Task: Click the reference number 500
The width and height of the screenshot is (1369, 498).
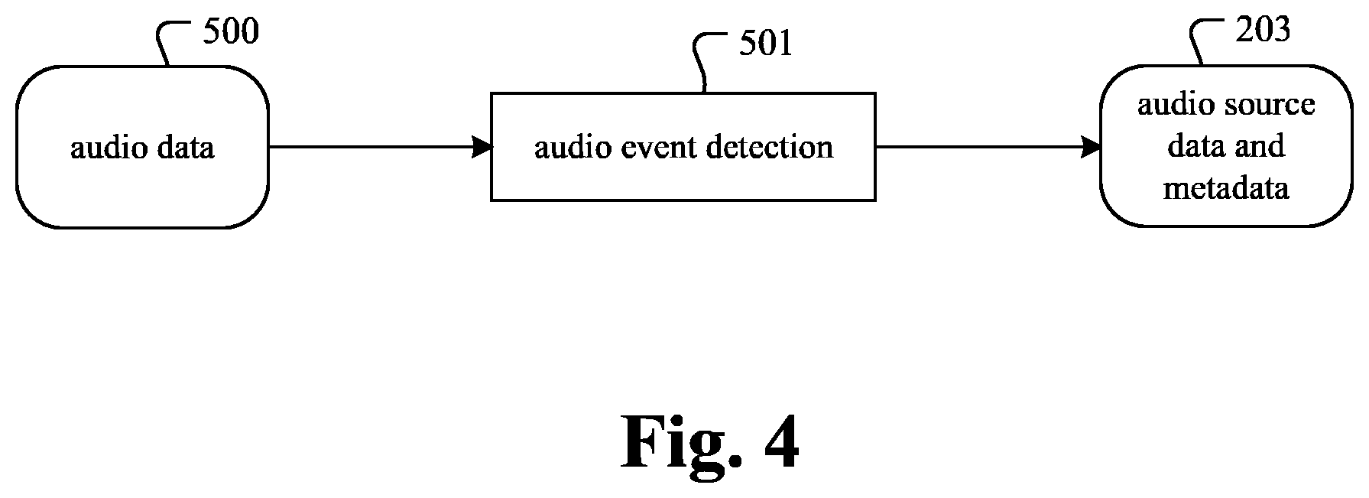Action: pos(231,31)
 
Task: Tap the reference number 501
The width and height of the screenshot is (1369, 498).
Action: pos(766,44)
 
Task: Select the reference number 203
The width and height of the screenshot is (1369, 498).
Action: pos(1264,29)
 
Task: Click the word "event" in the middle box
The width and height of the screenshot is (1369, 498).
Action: pos(654,147)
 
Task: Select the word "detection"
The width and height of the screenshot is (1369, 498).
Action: pos(768,147)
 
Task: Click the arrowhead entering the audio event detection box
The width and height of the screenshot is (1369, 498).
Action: pos(482,147)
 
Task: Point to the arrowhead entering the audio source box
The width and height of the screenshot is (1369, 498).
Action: pos(1091,147)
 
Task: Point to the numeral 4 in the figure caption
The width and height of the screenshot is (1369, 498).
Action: pos(778,441)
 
